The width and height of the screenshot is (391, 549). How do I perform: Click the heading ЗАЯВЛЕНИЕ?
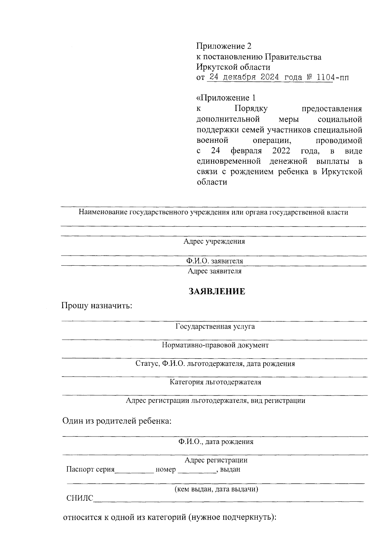coord(217,291)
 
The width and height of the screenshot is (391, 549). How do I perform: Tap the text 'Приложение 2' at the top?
coord(224,46)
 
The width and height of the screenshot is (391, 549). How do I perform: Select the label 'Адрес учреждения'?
coord(214,242)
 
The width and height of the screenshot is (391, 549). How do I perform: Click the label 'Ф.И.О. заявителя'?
coord(214,261)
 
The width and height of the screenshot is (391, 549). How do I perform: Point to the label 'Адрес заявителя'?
coord(214,271)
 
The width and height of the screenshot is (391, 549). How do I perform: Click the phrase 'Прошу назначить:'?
coord(97,306)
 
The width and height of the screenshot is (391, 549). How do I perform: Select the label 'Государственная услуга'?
coord(215,326)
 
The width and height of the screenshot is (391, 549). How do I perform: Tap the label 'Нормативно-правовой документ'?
coord(215,345)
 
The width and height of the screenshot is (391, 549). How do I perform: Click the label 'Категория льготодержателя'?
coord(215,382)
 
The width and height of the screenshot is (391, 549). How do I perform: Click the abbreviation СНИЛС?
coord(80,498)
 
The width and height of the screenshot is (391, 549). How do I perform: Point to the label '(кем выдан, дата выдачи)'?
coord(216,489)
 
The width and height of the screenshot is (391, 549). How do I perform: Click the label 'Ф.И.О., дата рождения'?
coord(215,442)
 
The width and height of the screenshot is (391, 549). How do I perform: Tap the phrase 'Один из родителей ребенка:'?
coord(117,421)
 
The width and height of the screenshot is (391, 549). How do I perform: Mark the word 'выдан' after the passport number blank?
coord(230,469)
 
